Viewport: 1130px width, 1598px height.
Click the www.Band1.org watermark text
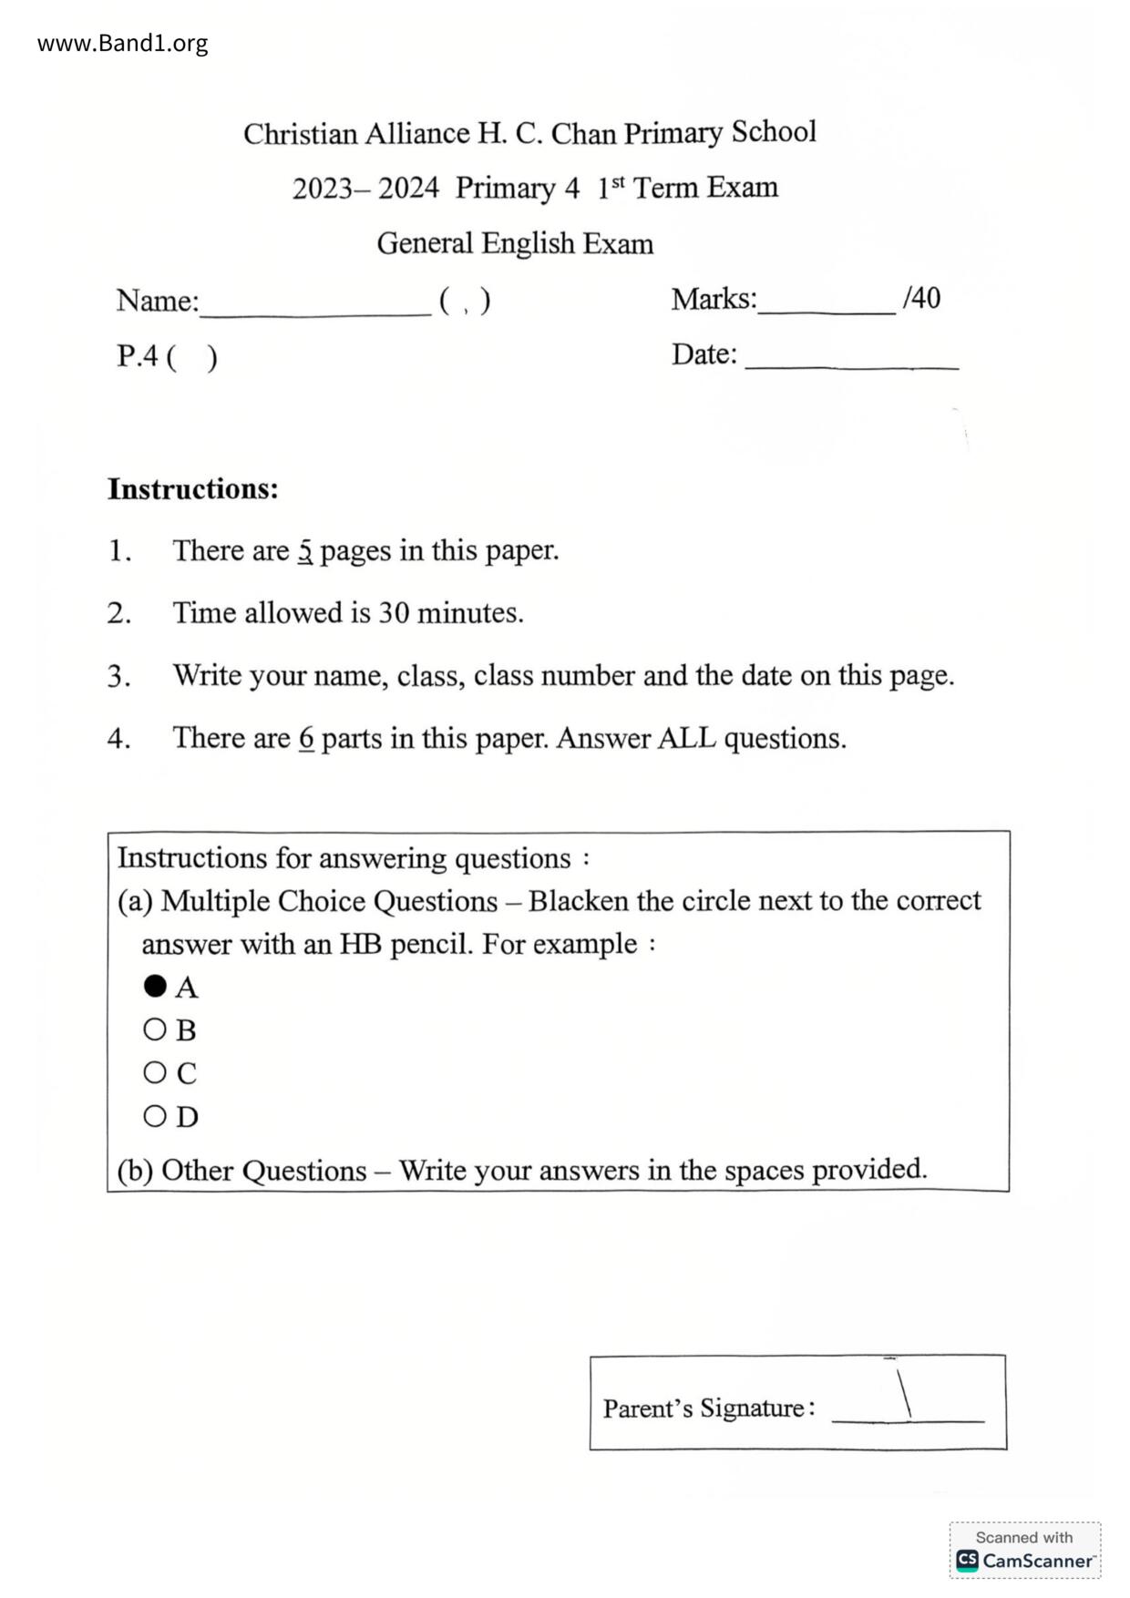tap(122, 43)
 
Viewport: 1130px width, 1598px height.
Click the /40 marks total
tap(921, 298)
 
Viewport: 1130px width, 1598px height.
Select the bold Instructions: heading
tap(193, 489)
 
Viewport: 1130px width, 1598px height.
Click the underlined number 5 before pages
tap(305, 551)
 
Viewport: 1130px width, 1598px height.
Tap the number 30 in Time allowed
tap(394, 613)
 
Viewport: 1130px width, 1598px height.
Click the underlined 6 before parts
tap(306, 738)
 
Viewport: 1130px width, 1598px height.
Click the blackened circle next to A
tap(155, 986)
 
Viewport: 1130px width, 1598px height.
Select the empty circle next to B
tap(155, 1029)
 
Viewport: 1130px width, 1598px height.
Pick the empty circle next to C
tap(155, 1072)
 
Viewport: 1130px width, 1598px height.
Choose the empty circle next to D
tap(155, 1115)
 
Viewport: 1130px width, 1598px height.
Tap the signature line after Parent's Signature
tap(908, 1414)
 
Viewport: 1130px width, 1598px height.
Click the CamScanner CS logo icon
tap(967, 1560)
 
